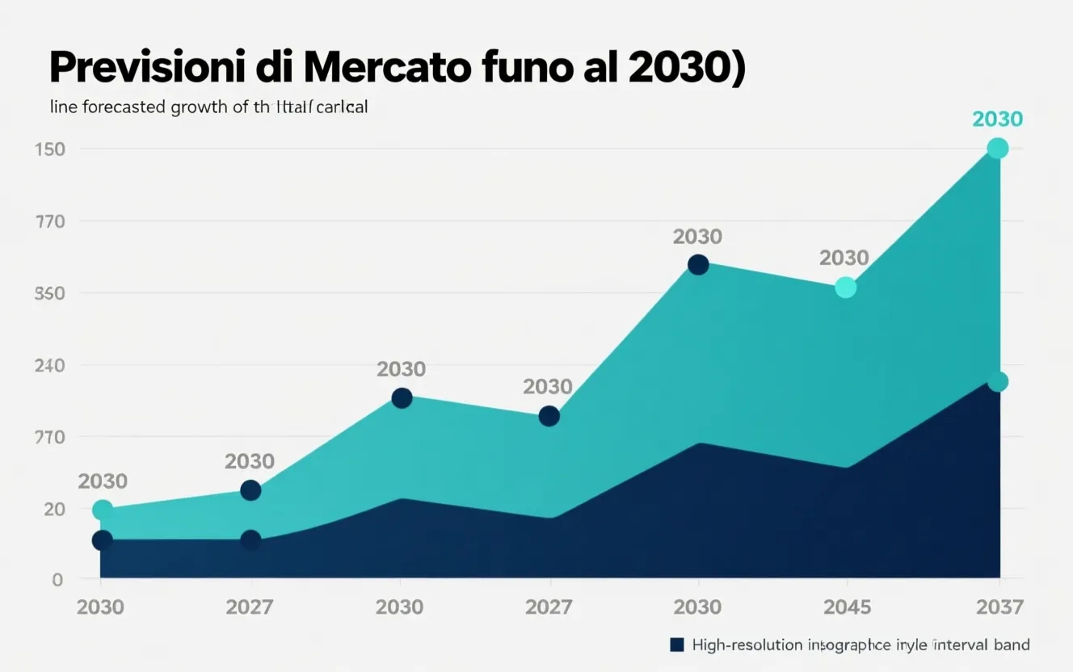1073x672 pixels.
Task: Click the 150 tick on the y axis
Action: (x=50, y=149)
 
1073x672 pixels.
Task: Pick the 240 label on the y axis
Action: (x=50, y=365)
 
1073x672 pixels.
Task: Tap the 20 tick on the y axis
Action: (x=53, y=509)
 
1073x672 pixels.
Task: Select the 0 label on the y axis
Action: (x=57, y=579)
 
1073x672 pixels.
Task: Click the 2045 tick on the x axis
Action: (x=845, y=607)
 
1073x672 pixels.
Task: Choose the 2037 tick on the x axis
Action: (x=999, y=607)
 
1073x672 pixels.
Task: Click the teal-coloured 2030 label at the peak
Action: (x=997, y=120)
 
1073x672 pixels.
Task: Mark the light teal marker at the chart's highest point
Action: (x=998, y=149)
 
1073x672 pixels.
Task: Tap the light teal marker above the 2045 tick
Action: (x=845, y=287)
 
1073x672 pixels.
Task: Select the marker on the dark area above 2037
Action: (x=998, y=382)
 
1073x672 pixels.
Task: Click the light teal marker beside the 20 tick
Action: (x=103, y=510)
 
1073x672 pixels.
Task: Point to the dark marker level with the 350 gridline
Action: (x=698, y=265)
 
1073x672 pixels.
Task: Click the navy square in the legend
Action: (x=677, y=645)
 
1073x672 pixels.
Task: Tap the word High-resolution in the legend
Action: (x=747, y=645)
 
